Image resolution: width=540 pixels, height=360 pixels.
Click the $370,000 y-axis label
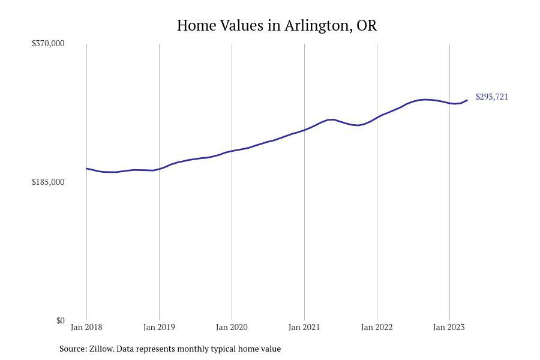[x=48, y=43]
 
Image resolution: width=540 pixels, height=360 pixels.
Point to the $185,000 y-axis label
[x=48, y=182]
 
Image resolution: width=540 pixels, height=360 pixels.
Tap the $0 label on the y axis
[x=60, y=321]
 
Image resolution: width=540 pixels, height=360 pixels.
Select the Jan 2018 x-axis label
[x=86, y=327]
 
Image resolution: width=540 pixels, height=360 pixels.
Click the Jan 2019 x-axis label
[x=159, y=327]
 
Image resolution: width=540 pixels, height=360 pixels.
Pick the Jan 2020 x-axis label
[x=232, y=327]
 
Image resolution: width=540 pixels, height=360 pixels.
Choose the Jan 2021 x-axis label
[x=304, y=327]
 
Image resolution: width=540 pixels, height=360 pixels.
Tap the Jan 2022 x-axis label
[x=377, y=327]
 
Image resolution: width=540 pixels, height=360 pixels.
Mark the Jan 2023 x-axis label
[x=449, y=327]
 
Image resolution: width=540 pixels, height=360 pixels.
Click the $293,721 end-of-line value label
[x=492, y=97]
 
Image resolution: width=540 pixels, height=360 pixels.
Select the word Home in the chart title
[x=196, y=25]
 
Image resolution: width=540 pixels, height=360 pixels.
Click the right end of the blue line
[x=467, y=100]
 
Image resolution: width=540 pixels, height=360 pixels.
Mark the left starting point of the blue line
[x=86, y=169]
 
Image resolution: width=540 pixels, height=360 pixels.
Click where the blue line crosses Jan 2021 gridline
[x=304, y=130]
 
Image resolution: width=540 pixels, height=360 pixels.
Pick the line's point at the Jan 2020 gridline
[x=232, y=151]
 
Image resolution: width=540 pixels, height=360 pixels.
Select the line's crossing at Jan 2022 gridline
[x=377, y=118]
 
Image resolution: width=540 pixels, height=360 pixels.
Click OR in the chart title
[x=367, y=25]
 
